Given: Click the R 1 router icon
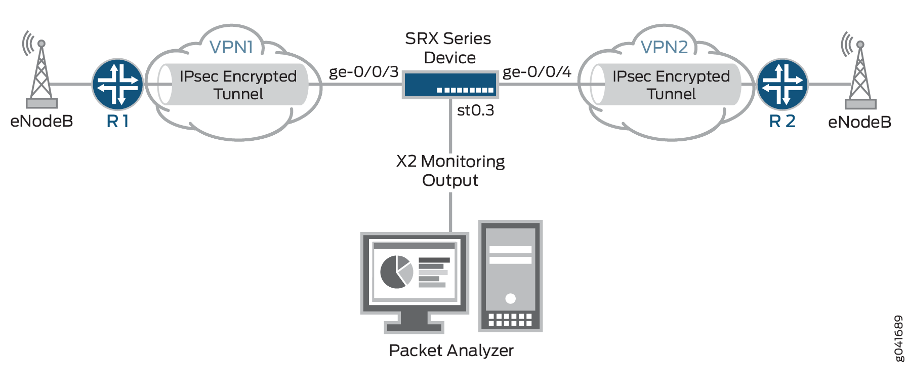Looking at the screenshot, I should pyautogui.click(x=117, y=84).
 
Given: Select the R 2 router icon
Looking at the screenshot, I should pyautogui.click(x=782, y=84).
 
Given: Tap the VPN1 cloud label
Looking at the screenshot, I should pyautogui.click(x=231, y=47).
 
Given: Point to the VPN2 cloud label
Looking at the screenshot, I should pyautogui.click(x=664, y=47).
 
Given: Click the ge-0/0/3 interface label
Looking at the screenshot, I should pyautogui.click(x=363, y=72).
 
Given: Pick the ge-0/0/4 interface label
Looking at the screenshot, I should pyautogui.click(x=537, y=72).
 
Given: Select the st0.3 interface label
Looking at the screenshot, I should pyautogui.click(x=475, y=110).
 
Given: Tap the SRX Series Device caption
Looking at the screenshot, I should pyautogui.click(x=448, y=48).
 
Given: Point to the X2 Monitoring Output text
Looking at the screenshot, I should pyautogui.click(x=450, y=171).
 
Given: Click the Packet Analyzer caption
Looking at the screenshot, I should pyautogui.click(x=451, y=351).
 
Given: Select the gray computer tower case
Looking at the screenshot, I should pyautogui.click(x=510, y=276).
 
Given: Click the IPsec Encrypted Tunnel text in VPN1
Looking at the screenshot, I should pyautogui.click(x=238, y=85).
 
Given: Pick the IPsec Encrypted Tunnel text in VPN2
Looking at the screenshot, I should pyautogui.click(x=671, y=85).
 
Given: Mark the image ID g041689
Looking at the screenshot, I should pyautogui.click(x=898, y=338).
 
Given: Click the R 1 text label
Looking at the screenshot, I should pyautogui.click(x=117, y=122).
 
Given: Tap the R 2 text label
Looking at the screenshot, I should pyautogui.click(x=782, y=122).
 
